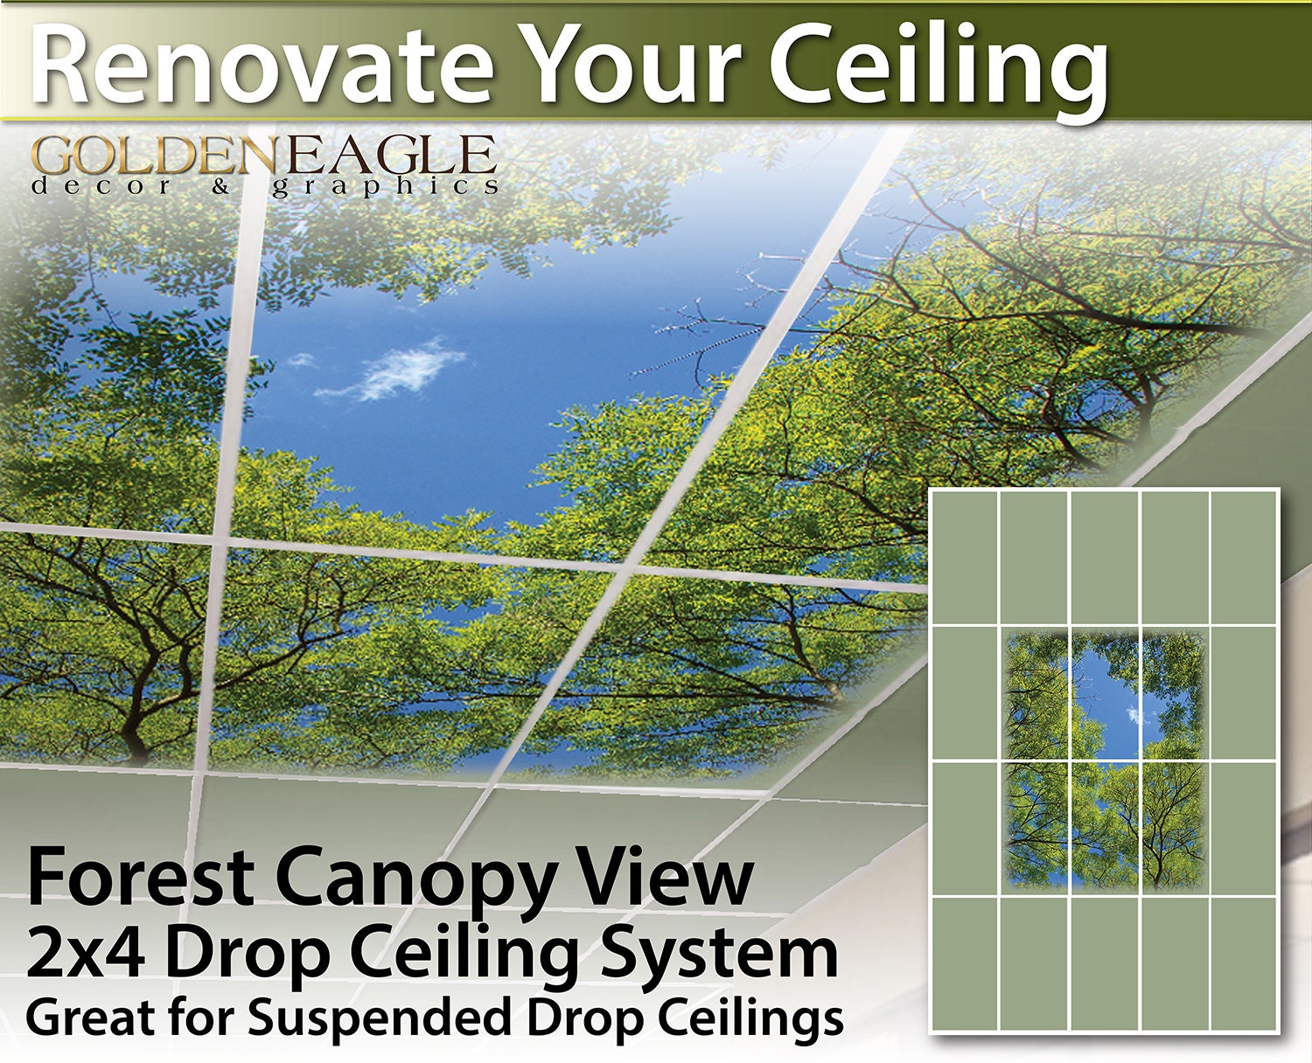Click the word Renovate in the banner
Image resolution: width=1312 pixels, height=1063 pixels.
point(262,65)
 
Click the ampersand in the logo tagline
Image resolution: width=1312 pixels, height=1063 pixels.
point(220,187)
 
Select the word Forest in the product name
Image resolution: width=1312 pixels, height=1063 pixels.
point(141,876)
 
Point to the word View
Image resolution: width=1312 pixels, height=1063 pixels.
point(661,875)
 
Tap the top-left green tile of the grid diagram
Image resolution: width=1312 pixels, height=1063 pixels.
point(965,558)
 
